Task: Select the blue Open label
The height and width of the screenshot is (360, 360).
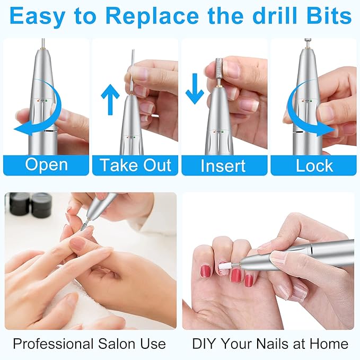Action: [46, 165]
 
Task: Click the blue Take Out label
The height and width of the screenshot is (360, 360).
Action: [135, 165]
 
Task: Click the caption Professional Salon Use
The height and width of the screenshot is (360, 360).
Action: [89, 344]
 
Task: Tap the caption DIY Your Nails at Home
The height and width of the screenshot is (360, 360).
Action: [270, 344]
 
